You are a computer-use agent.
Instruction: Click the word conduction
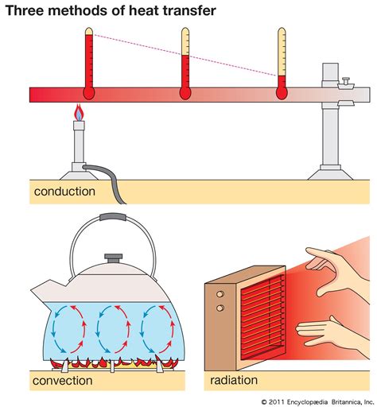64,192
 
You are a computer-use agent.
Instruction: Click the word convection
62,381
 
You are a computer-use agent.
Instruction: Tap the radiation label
234,381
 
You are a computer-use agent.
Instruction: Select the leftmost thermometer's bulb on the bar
87,92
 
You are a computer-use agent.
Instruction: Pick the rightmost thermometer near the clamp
282,64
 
